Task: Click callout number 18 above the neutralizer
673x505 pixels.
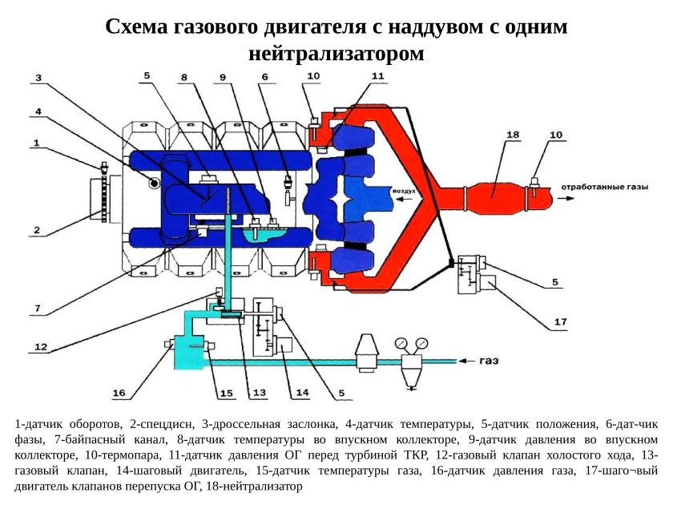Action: [514, 135]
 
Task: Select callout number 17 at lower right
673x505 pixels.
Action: [560, 322]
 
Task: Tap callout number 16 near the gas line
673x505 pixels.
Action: [119, 393]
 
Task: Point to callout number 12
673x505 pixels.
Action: [41, 347]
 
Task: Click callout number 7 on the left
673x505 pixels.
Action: [38, 308]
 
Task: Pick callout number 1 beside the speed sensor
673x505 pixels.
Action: [36, 143]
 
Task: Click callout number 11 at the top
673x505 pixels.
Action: [377, 75]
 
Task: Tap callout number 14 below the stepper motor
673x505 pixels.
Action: [302, 393]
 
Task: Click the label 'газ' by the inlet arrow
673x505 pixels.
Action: [490, 361]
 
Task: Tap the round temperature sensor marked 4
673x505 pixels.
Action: [152, 184]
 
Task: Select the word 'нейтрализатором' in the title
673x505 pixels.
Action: [336, 54]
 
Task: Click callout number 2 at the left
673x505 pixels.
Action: [36, 231]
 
